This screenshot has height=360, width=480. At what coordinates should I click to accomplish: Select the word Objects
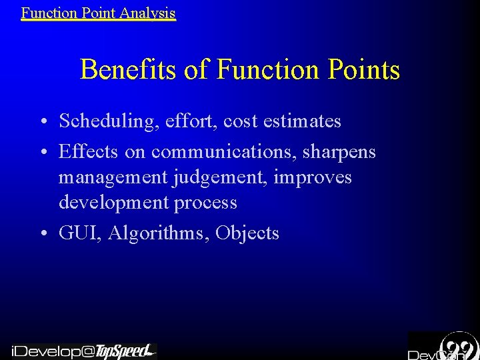point(247,233)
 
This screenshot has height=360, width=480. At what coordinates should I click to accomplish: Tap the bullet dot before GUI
point(42,234)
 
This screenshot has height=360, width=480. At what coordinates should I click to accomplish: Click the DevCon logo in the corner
point(443,347)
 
